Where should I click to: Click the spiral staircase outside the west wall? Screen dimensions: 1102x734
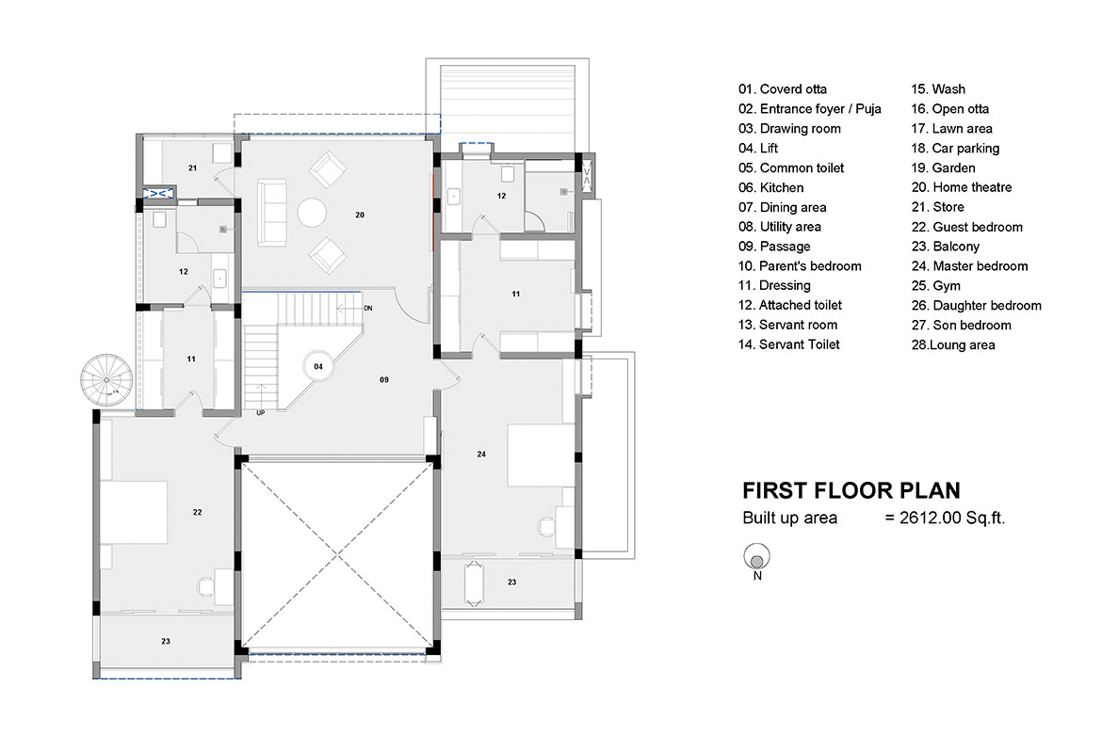[106, 380]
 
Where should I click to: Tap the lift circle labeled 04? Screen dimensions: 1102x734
[318, 366]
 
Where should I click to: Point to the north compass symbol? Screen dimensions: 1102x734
[757, 558]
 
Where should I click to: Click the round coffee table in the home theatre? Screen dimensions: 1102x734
[312, 212]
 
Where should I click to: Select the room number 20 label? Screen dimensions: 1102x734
[360, 215]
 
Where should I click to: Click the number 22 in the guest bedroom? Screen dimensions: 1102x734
[198, 512]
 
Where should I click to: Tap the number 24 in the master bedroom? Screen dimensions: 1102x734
[481, 454]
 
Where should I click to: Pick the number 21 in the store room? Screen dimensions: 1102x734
[192, 168]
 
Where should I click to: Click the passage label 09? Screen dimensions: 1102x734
[384, 379]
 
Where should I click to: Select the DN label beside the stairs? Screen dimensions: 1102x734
[368, 309]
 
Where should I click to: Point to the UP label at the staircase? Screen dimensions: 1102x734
[261, 413]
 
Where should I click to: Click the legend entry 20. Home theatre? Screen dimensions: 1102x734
[962, 187]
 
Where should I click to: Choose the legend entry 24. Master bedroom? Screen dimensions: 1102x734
[970, 266]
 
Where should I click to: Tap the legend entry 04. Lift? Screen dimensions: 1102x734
[758, 148]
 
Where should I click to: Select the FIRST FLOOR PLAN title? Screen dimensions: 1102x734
[851, 490]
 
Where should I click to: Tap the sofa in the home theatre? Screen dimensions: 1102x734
[272, 213]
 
